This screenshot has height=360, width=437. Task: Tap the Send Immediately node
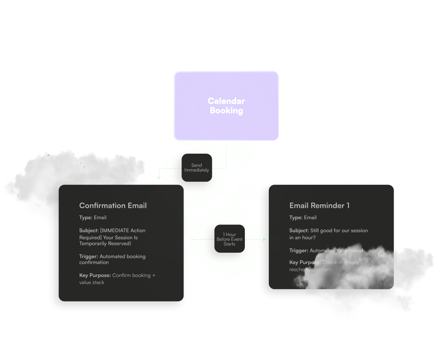pyautogui.click(x=196, y=168)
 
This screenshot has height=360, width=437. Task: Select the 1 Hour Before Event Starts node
pyautogui.click(x=230, y=239)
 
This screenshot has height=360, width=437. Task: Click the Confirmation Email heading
pyautogui.click(x=113, y=206)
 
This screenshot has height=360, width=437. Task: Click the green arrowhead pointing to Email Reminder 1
pyautogui.click(x=264, y=239)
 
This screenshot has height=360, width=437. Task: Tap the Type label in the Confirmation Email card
pyautogui.click(x=86, y=217)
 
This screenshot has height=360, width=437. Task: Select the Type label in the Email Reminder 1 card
pyautogui.click(x=296, y=217)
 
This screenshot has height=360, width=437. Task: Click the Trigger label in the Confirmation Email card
pyautogui.click(x=88, y=257)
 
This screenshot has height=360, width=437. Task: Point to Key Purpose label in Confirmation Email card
pyautogui.click(x=95, y=276)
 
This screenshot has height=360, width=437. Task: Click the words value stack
pyautogui.click(x=92, y=283)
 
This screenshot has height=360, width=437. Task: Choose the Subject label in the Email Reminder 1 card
pyautogui.click(x=299, y=231)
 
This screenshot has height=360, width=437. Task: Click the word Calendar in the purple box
pyautogui.click(x=226, y=101)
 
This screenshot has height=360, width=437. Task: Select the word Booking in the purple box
pyautogui.click(x=226, y=110)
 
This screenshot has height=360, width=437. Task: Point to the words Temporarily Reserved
pyautogui.click(x=105, y=244)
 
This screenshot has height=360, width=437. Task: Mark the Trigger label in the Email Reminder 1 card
pyautogui.click(x=299, y=250)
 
